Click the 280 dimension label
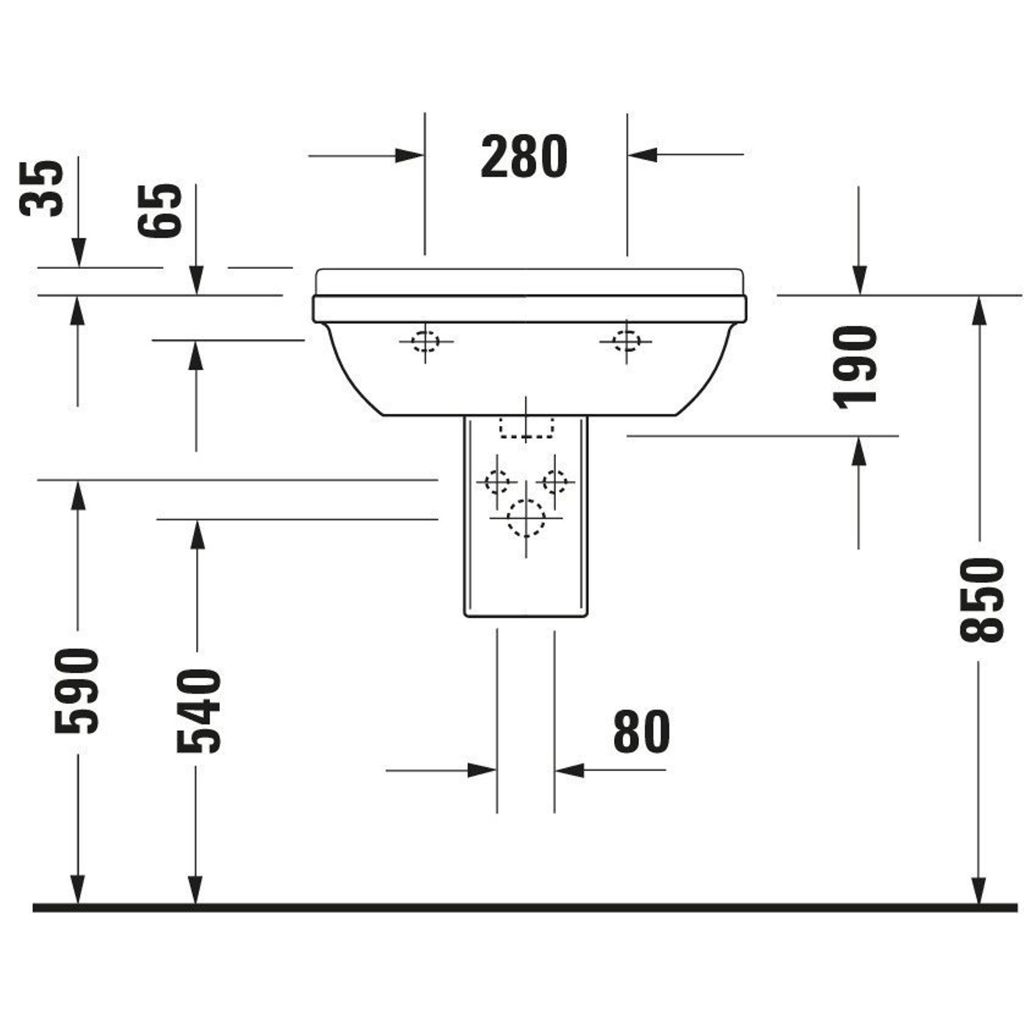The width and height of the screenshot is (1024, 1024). coord(524,156)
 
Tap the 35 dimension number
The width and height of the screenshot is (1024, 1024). coord(41,189)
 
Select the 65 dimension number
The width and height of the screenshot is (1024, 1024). coord(160,210)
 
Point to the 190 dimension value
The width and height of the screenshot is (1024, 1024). coord(855,368)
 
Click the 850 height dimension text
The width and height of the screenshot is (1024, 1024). coord(982,601)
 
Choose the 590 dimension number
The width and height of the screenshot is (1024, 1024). coord(77,691)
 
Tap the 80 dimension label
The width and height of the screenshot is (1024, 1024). coord(642,732)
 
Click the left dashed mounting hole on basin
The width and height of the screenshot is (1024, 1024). coord(425,342)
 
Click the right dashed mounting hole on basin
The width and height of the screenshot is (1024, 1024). coord(626,342)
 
